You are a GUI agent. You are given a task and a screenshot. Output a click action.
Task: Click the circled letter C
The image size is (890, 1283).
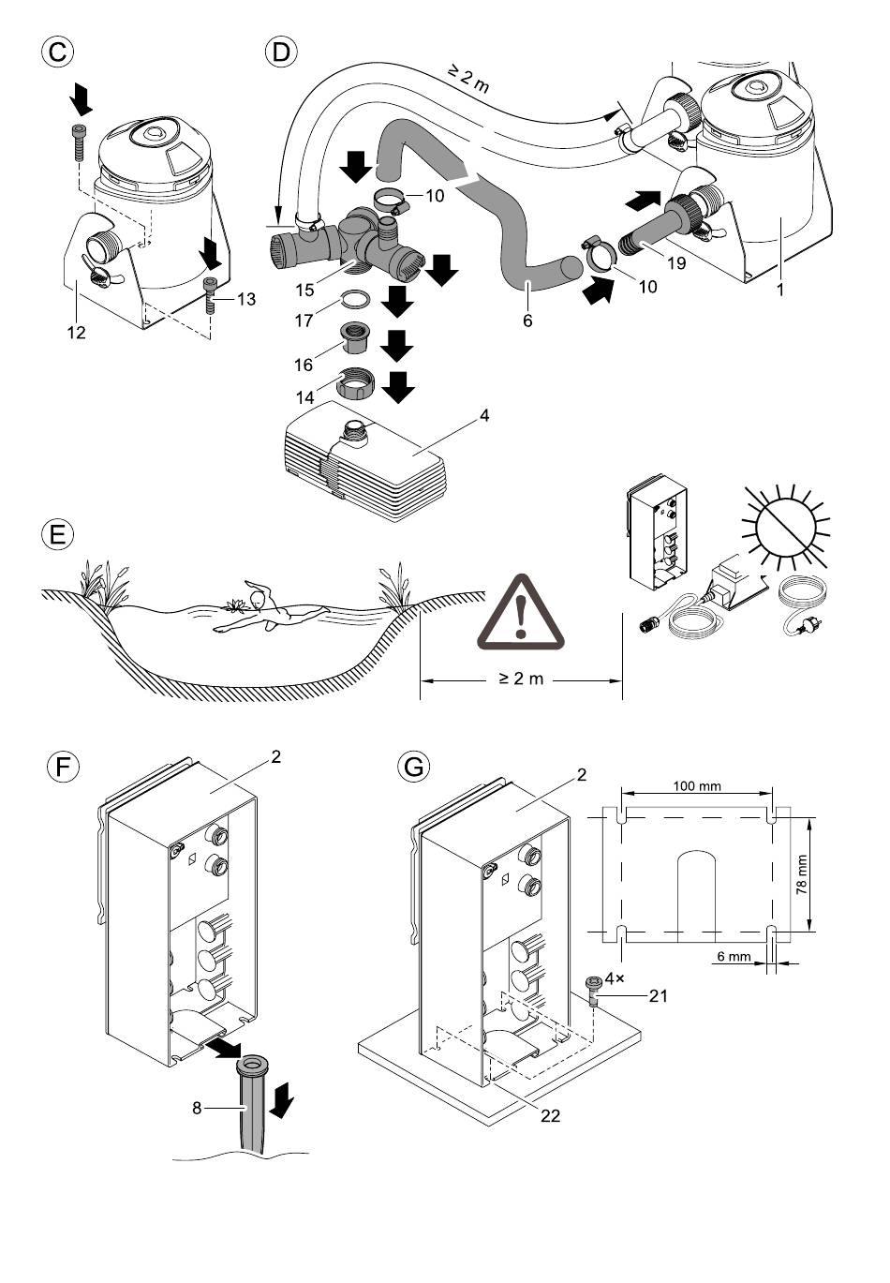pyautogui.click(x=58, y=51)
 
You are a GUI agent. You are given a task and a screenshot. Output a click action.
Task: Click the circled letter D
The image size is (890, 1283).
pyautogui.click(x=280, y=51)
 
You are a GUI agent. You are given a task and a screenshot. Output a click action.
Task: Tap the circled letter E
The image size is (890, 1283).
pyautogui.click(x=58, y=535)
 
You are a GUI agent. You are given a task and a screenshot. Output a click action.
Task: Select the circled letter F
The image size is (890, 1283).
pyautogui.click(x=62, y=766)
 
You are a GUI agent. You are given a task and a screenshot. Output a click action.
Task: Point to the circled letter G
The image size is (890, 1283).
pyautogui.click(x=412, y=766)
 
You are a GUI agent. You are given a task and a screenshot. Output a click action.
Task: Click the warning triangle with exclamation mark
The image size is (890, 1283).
pyautogui.click(x=521, y=614)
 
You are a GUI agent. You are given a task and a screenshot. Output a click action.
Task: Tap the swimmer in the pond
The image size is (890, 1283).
pyautogui.click(x=267, y=610)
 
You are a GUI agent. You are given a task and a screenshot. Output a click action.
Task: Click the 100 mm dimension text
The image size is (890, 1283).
pyautogui.click(x=697, y=785)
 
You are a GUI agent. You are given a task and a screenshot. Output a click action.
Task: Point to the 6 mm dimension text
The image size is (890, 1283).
pyautogui.click(x=734, y=957)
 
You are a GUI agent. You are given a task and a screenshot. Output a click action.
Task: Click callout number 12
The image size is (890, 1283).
pyautogui.click(x=76, y=332)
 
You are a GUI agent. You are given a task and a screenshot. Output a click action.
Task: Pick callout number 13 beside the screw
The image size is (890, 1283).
pyautogui.click(x=245, y=299)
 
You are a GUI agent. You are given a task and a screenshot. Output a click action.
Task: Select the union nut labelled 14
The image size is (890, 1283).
pyautogui.click(x=354, y=385)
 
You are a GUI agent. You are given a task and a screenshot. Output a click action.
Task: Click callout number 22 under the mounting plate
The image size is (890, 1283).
pyautogui.click(x=550, y=1115)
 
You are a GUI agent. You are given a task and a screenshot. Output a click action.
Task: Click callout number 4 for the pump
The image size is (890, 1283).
pyautogui.click(x=483, y=415)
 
